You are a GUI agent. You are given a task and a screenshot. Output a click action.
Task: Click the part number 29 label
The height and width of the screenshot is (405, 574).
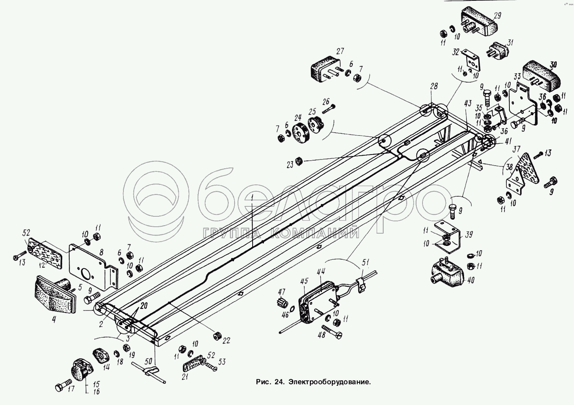(x=497, y=16)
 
